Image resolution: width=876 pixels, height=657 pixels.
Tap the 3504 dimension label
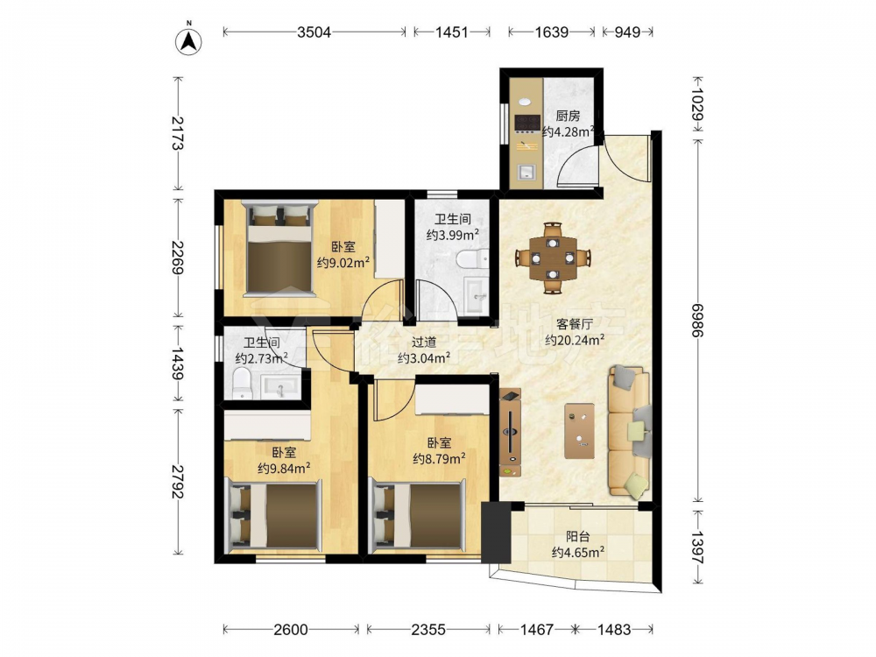pos(314,32)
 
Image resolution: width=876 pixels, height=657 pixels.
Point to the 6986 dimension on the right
pos(698,320)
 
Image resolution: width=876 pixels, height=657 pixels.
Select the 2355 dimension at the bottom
pos(428,630)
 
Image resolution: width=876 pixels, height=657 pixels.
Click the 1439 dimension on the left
pos(178,364)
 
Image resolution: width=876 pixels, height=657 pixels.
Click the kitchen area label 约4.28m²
pos(569,132)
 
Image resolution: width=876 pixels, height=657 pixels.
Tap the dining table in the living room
pos(553,258)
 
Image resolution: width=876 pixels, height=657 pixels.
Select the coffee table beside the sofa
pos(579,431)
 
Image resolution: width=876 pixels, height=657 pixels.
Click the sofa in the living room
pos(630,431)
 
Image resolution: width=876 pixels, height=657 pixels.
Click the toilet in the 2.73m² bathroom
pos(242,384)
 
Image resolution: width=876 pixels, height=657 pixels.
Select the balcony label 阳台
pos(577,537)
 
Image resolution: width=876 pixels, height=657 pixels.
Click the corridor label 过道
pos(424,343)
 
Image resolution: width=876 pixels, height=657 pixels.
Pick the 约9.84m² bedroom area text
pos(285,468)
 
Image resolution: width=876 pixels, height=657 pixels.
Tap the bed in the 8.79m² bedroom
pos(417,514)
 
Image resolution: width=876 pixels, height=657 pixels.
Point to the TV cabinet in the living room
pos(511,433)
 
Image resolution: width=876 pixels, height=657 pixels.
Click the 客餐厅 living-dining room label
pos(575,324)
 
